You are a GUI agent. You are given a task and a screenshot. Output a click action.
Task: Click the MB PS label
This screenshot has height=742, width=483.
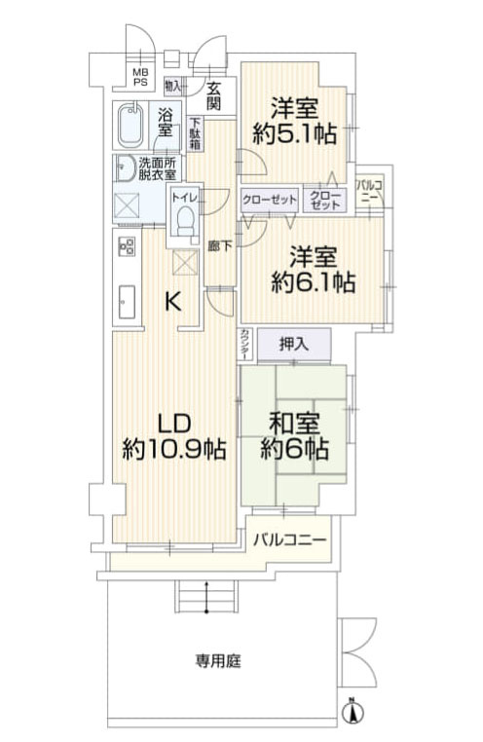pyautogui.click(x=140, y=76)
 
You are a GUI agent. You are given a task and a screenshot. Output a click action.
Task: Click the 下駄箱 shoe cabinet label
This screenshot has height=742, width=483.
pyautogui.click(x=196, y=132)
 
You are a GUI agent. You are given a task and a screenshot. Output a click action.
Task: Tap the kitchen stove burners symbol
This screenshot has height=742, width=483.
pyautogui.click(x=126, y=246)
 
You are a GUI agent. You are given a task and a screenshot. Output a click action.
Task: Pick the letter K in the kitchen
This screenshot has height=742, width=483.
pyautogui.click(x=171, y=302)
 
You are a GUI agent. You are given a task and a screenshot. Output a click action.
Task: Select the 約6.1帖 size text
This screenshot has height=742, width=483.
pyautogui.click(x=312, y=283)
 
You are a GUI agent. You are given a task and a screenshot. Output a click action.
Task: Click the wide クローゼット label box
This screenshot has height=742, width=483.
pyautogui.click(x=270, y=199)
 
